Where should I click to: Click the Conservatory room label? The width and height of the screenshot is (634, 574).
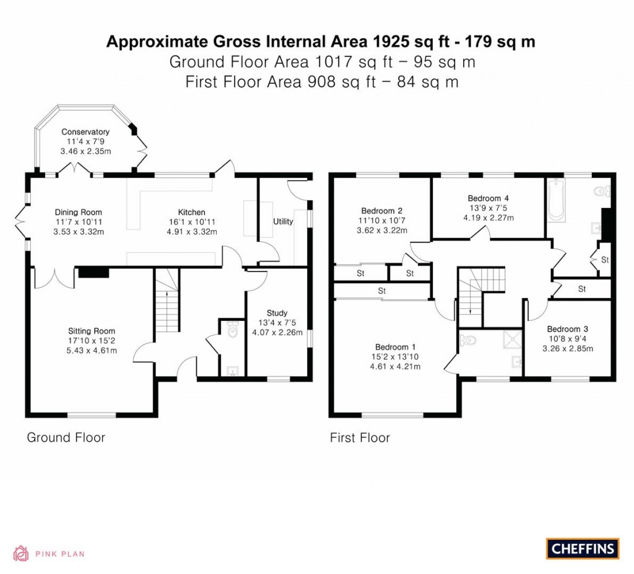[x=85, y=132]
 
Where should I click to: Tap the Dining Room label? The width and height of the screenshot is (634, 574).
[x=78, y=212]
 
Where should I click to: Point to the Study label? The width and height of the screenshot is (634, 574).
[x=277, y=313]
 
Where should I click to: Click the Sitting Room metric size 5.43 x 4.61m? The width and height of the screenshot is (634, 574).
[x=92, y=351]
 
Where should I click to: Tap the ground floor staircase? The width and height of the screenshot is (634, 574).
[x=166, y=310]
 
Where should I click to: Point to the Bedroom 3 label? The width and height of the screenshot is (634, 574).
[x=563, y=329]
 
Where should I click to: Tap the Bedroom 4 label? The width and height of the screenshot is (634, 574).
[x=488, y=198]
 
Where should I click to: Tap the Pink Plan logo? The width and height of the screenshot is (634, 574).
[x=49, y=554]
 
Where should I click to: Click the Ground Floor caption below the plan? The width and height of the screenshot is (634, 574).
[x=66, y=438]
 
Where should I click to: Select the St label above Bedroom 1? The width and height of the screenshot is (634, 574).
[x=382, y=290]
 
